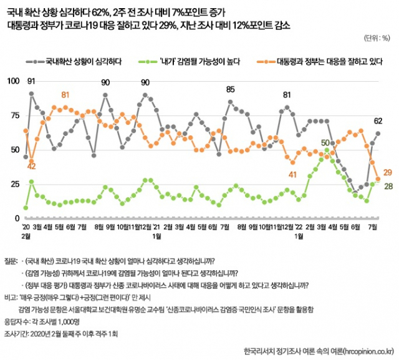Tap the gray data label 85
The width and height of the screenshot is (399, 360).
230,89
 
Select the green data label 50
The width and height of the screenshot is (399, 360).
325,142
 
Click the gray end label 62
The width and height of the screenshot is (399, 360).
378,121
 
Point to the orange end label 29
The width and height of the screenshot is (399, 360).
387,173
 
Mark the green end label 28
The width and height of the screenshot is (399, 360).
387,187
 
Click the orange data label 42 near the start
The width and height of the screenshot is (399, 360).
31,166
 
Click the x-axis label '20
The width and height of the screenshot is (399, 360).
26,227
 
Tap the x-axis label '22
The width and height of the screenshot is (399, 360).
299,227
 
